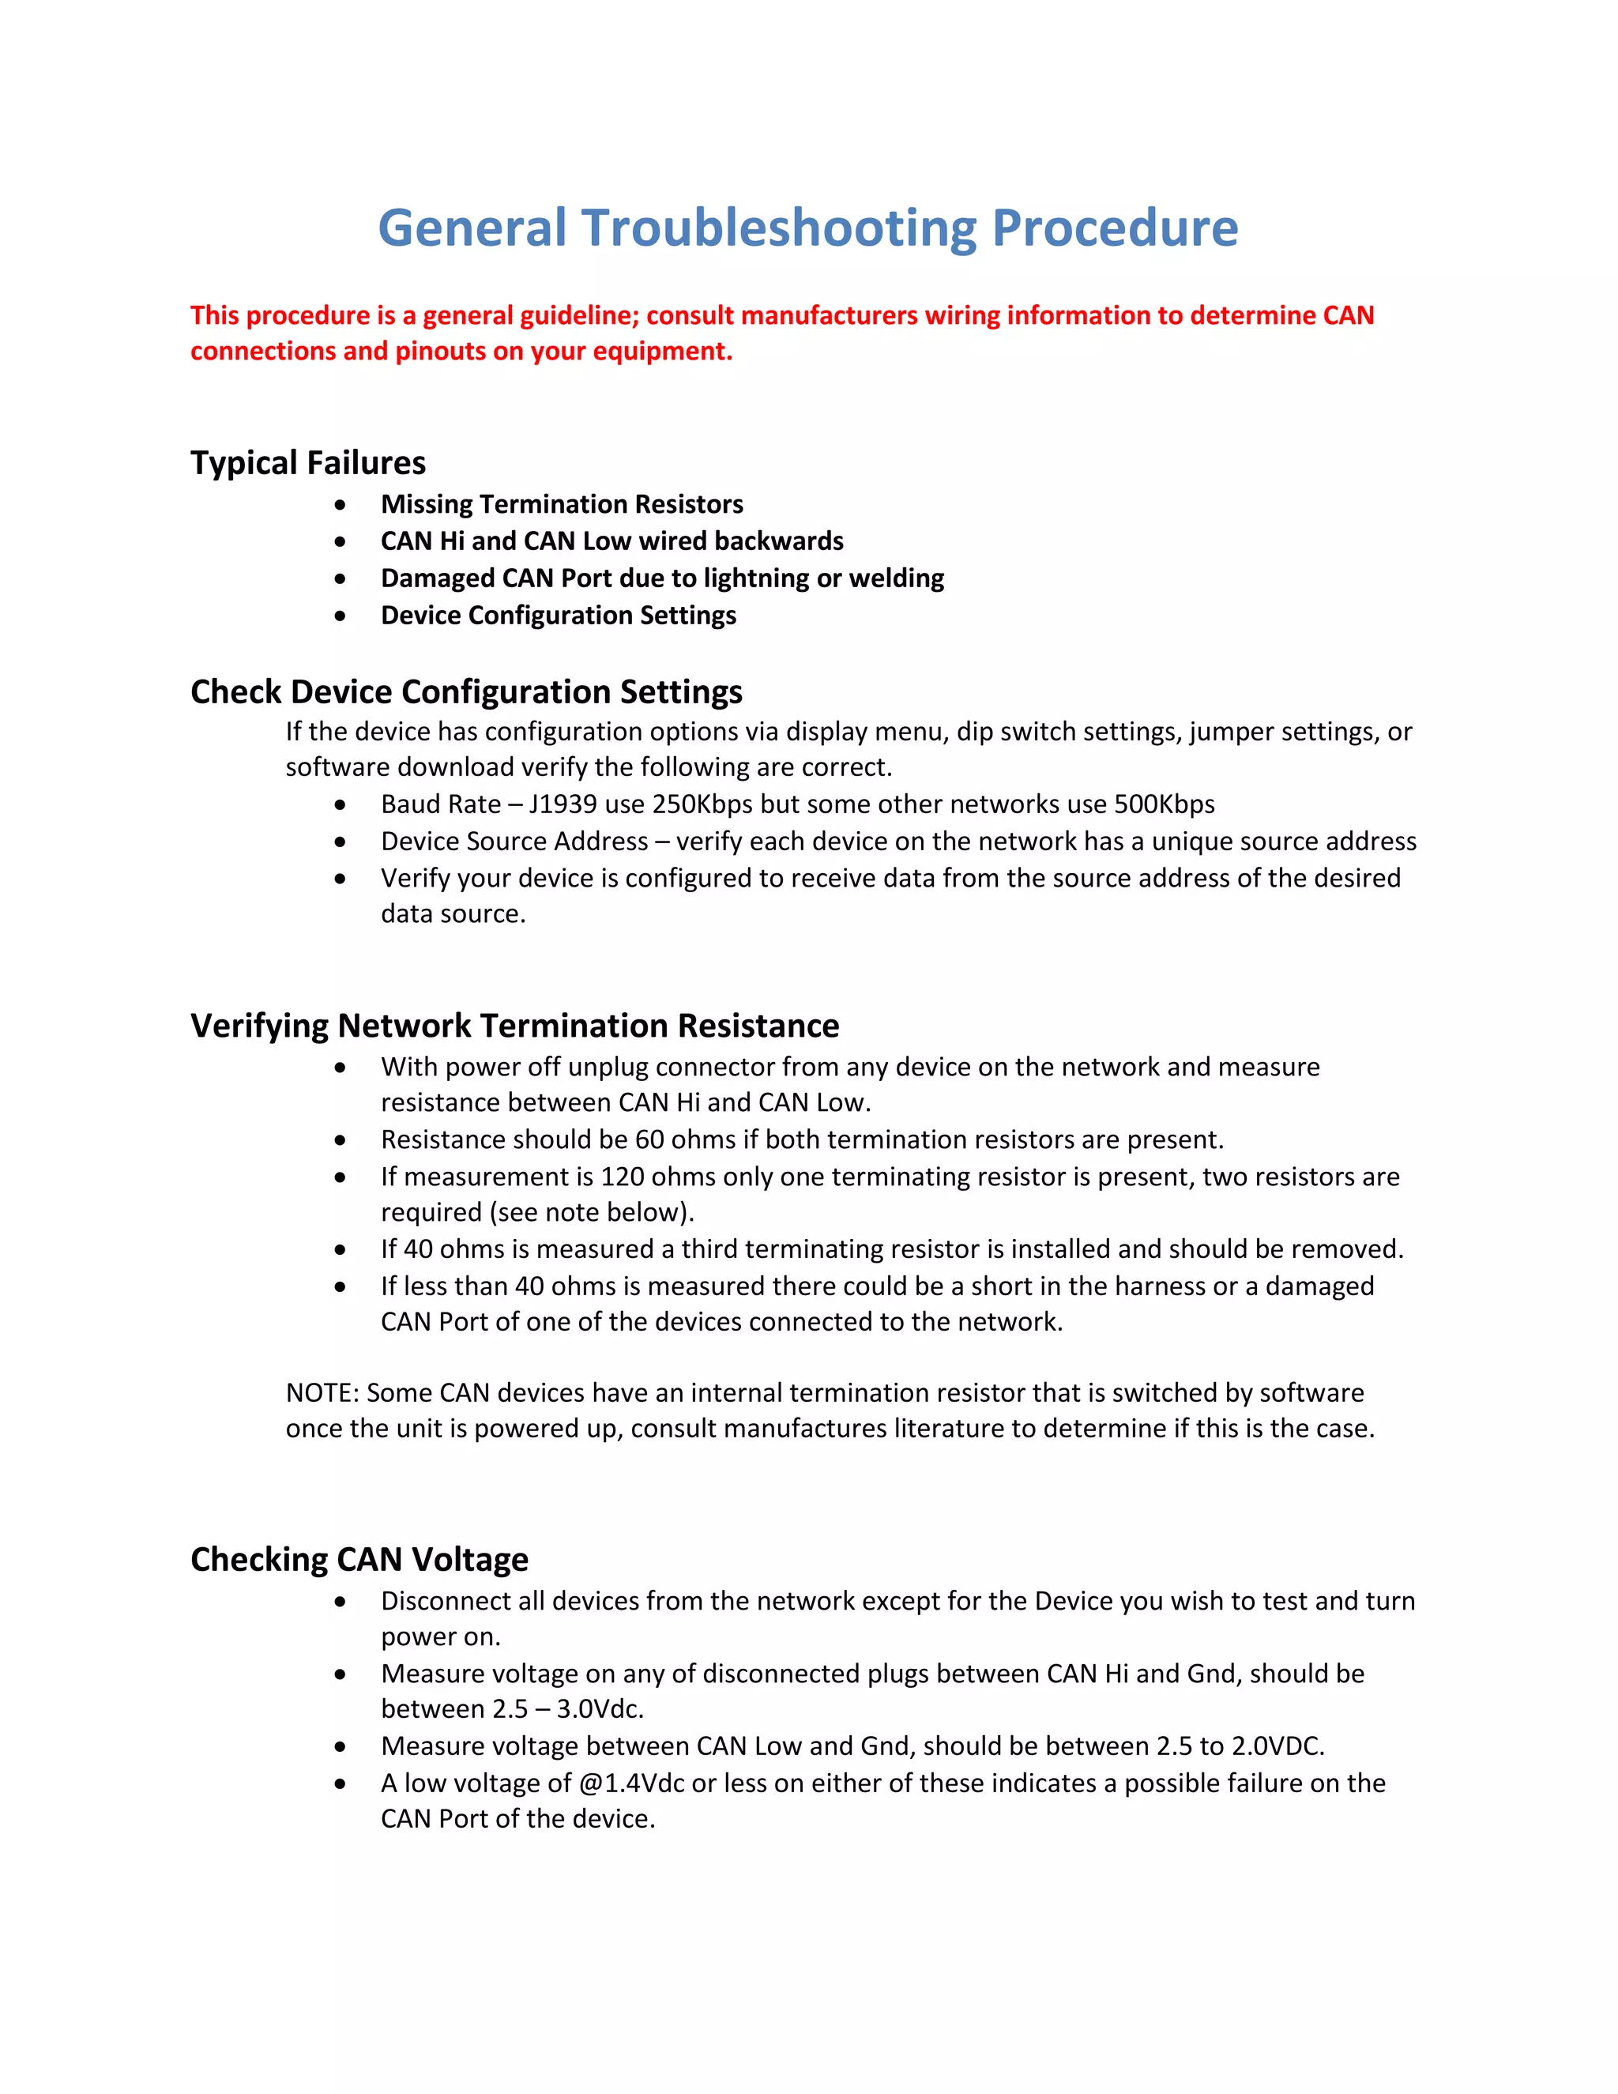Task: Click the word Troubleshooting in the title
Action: coord(779,228)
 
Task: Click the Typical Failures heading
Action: coord(307,463)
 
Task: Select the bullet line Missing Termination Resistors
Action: coord(562,504)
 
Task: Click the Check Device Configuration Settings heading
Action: coord(466,692)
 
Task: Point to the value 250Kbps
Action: coord(702,804)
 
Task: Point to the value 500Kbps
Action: coord(1164,804)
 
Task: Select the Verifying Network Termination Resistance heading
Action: coord(515,1026)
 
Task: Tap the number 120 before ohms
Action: coord(622,1177)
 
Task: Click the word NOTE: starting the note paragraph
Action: coord(322,1393)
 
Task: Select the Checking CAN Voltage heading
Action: coord(359,1560)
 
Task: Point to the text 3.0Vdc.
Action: coord(600,1709)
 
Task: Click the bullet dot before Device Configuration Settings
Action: coord(341,616)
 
